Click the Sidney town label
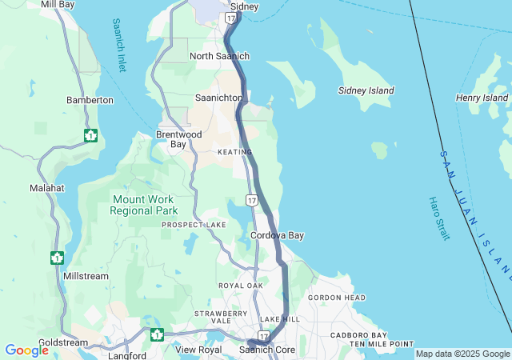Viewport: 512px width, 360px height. pyautogui.click(x=244, y=6)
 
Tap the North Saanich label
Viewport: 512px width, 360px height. pyautogui.click(x=219, y=56)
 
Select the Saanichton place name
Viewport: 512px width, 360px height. pyautogui.click(x=218, y=98)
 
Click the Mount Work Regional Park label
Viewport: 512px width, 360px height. pyautogui.click(x=144, y=205)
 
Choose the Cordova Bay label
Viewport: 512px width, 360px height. pyautogui.click(x=277, y=236)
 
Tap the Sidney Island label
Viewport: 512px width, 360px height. pyautogui.click(x=366, y=91)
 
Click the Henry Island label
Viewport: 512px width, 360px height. pyautogui.click(x=482, y=98)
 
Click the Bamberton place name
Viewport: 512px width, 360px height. pyautogui.click(x=90, y=101)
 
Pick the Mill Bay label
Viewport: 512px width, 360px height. pyautogui.click(x=57, y=5)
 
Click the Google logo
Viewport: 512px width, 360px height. pyautogui.click(x=26, y=350)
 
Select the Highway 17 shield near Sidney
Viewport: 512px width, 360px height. pyautogui.click(x=230, y=17)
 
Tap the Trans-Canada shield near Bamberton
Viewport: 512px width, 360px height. pyautogui.click(x=90, y=135)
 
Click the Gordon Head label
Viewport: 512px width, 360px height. pyautogui.click(x=337, y=298)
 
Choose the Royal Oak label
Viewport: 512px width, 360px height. pyautogui.click(x=241, y=286)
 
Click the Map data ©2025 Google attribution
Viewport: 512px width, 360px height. pyautogui.click(x=462, y=354)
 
